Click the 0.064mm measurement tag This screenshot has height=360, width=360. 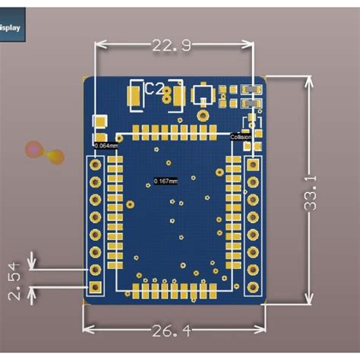pyautogui.click(x=103, y=144)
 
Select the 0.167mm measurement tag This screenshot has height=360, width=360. pyautogui.click(x=165, y=181)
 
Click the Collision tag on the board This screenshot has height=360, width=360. pyautogui.click(x=242, y=137)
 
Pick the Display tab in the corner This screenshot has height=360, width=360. pyautogui.click(x=11, y=28)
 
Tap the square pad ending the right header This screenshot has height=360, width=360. pyautogui.click(x=251, y=288)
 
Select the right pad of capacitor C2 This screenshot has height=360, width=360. pyautogui.click(x=177, y=95)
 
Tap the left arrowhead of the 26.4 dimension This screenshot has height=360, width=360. pyautogui.click(x=86, y=328)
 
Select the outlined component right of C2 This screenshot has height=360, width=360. pyautogui.click(x=202, y=95)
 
